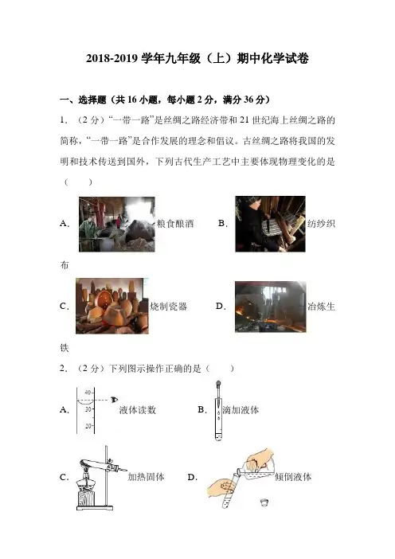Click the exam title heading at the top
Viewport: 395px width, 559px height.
(x=197, y=59)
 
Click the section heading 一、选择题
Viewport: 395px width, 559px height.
(x=83, y=100)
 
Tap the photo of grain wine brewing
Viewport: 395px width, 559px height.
(x=117, y=225)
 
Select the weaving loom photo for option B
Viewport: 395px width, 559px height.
(x=270, y=224)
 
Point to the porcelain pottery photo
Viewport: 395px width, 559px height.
(x=112, y=307)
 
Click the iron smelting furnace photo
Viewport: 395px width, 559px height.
(x=270, y=307)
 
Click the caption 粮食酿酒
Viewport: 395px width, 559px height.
(x=175, y=224)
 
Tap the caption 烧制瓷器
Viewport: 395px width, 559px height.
(x=168, y=307)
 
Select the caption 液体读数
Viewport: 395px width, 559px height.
(x=138, y=410)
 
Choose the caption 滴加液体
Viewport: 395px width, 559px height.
(x=241, y=410)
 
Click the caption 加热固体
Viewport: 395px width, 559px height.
(x=147, y=477)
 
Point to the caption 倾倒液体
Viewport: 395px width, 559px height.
(x=293, y=477)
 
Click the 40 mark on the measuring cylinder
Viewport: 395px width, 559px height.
(x=88, y=393)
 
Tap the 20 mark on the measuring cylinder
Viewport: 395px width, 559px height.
(x=88, y=426)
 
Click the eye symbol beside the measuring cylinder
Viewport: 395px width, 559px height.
(x=114, y=400)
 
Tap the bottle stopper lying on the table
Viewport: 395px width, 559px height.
(x=264, y=502)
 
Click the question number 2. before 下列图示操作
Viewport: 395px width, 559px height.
(x=64, y=369)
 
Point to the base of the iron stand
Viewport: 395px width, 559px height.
(x=95, y=508)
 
